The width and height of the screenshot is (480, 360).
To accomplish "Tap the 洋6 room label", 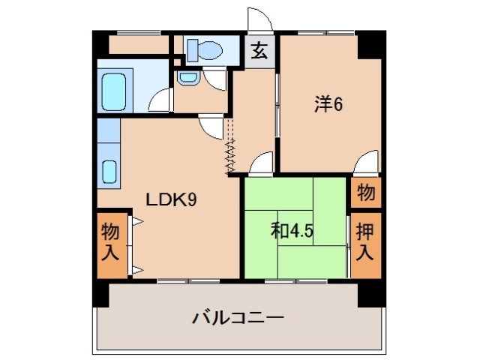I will pos(328,105).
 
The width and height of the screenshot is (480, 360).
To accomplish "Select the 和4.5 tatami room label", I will pos(292,231).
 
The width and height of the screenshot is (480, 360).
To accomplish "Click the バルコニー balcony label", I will pos(238,318).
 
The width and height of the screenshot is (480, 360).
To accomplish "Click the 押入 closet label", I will pos(364,241).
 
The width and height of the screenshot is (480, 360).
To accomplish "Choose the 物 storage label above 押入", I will pos(365,192).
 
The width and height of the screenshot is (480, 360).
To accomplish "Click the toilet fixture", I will pos(204,50).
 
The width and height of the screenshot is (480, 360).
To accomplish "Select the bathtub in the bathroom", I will pos(115,91).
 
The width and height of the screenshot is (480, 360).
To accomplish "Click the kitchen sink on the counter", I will pos(109,172).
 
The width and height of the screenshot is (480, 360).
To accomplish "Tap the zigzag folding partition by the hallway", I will pos(231,154).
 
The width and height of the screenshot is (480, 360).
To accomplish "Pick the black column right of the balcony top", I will pos(368,294).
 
